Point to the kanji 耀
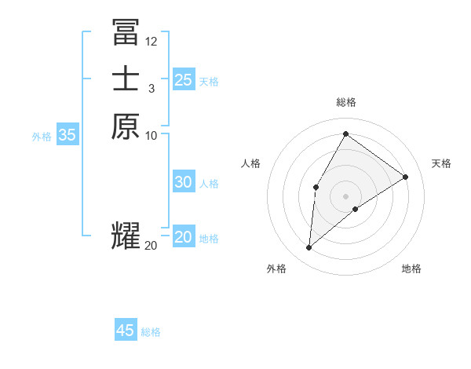[126, 236]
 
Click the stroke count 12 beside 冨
[152, 41]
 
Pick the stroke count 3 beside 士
[151, 88]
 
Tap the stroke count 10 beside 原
[152, 135]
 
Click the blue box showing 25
[184, 79]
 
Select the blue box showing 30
[184, 182]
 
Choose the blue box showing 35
[68, 135]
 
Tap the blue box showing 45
[126, 331]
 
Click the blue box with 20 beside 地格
[184, 237]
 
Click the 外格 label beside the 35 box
[42, 137]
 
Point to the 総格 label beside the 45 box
[151, 332]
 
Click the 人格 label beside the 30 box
[209, 184]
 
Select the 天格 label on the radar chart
[441, 163]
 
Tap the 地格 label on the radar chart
[411, 269]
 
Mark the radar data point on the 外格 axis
[309, 248]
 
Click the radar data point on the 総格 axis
[345, 133]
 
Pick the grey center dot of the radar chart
[345, 195]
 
